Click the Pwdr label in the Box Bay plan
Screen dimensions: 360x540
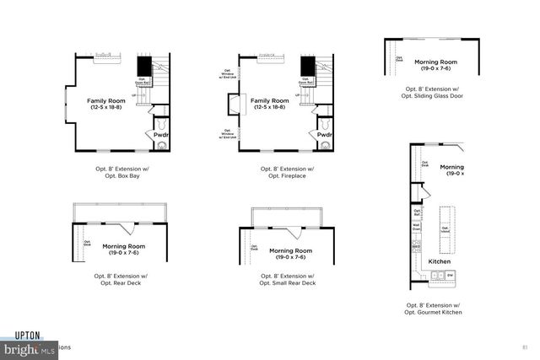(159, 134)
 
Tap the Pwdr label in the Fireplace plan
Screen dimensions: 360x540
(324, 134)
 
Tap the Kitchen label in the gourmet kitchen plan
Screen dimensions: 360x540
(440, 261)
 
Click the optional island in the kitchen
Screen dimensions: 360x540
(445, 228)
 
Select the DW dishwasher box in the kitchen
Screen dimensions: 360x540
(450, 275)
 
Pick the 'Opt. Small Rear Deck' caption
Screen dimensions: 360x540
(287, 282)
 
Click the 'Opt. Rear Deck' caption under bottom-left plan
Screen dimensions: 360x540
(121, 282)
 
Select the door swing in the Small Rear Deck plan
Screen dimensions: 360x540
(289, 233)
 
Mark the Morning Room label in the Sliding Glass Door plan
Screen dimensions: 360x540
(437, 65)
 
